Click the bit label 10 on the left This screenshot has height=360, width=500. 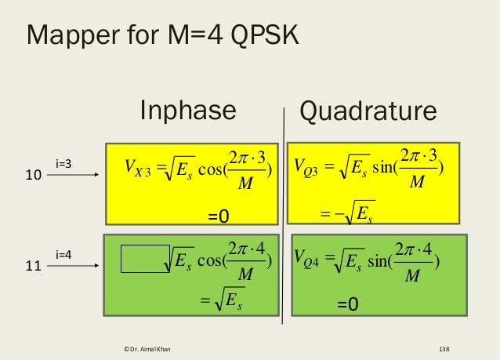click(33, 177)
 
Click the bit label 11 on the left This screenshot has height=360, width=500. click(33, 267)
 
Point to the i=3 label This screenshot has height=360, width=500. click(64, 163)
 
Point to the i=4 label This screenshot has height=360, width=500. click(64, 254)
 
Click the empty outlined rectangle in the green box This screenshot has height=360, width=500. click(144, 259)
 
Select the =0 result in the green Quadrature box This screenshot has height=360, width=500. click(348, 304)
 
